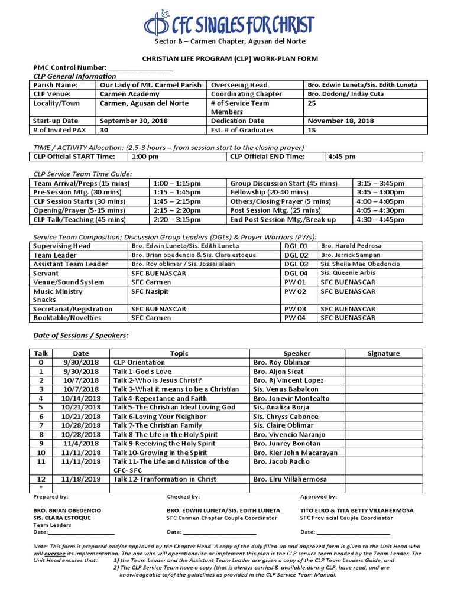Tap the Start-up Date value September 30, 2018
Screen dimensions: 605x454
(x=134, y=121)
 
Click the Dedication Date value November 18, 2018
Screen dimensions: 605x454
(x=341, y=121)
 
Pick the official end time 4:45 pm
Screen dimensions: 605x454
(x=342, y=157)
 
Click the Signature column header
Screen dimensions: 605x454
(x=383, y=353)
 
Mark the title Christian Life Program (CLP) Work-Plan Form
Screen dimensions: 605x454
(x=228, y=58)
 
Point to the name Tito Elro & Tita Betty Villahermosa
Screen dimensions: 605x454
(x=356, y=510)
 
